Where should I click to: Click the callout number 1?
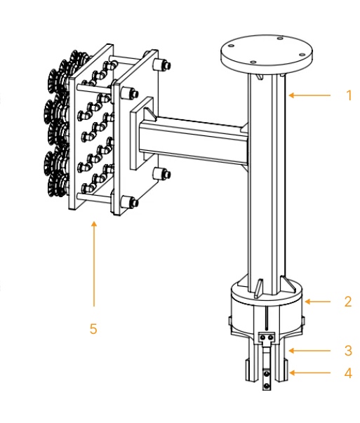tap(349, 95)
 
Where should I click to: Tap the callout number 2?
tap(347, 302)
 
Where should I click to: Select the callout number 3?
tap(348, 349)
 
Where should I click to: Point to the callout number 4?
tap(348, 373)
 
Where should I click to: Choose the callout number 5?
tap(93, 328)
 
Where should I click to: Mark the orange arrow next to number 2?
tap(319, 302)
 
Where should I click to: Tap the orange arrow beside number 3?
tap(308, 349)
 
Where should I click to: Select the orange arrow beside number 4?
tap(309, 373)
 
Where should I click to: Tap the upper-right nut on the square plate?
tap(166, 65)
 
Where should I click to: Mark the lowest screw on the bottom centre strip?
tap(266, 384)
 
